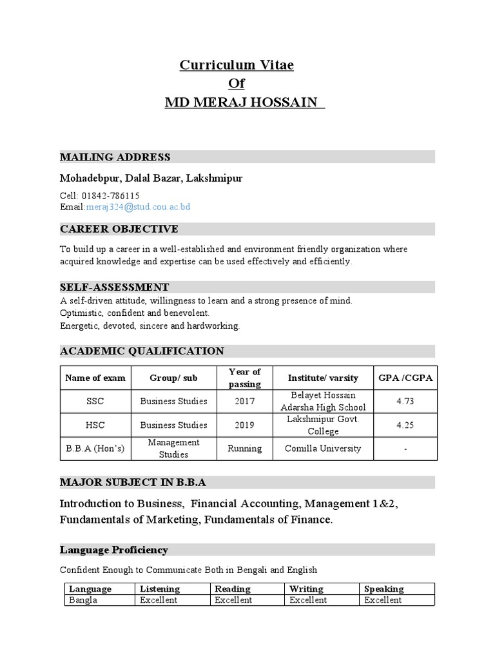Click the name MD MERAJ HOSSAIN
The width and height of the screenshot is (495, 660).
(244, 102)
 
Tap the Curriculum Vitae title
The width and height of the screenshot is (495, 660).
(236, 65)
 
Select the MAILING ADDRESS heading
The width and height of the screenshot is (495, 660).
(115, 157)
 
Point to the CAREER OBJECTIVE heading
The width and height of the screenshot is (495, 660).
(119, 229)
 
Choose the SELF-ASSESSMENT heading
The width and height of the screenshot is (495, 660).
(114, 287)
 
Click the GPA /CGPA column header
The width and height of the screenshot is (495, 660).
(405, 378)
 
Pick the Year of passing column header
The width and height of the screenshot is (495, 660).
(244, 378)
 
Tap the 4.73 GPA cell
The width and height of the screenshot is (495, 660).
(405, 401)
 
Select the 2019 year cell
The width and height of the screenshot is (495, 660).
(244, 425)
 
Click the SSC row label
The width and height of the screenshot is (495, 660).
(95, 401)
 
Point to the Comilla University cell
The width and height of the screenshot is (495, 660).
(323, 449)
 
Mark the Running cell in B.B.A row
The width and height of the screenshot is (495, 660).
(244, 449)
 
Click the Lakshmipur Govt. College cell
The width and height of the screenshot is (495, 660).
(323, 425)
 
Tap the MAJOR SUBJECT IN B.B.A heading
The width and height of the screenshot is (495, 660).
(133, 482)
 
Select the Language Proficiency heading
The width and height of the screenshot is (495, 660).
(113, 550)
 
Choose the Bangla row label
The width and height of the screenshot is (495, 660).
(83, 600)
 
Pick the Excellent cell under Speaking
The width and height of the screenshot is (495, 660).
(383, 600)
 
